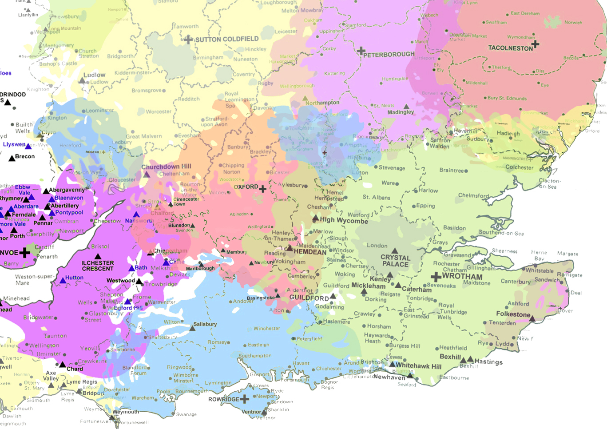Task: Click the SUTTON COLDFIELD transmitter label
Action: [x=226, y=39]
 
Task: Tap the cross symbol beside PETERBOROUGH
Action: [x=361, y=51]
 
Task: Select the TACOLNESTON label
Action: [x=510, y=48]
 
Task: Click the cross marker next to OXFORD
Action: [x=263, y=189]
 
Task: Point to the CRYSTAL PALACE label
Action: [x=395, y=261]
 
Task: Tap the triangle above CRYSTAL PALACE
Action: [x=394, y=251]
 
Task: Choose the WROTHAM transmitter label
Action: [x=462, y=276]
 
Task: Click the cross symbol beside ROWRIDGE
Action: [x=244, y=399]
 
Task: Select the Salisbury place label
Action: [x=205, y=324]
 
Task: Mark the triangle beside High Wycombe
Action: [x=315, y=218]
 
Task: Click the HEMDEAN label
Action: [x=310, y=252]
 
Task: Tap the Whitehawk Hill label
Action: [x=418, y=366]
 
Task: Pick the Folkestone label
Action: [x=513, y=314]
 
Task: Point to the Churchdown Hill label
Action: [x=166, y=167]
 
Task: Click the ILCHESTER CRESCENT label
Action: [x=98, y=266]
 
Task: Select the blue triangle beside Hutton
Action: [x=63, y=280]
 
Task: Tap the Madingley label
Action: [x=401, y=112]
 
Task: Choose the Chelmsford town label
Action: [x=473, y=195]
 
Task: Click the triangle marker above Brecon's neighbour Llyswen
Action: [x=28, y=146]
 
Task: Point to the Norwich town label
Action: [x=573, y=22]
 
